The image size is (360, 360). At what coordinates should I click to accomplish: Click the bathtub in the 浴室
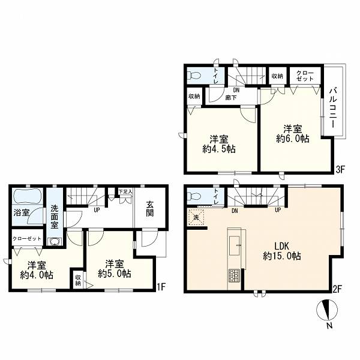[28, 196]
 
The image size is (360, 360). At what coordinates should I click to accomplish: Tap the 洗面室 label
[55, 217]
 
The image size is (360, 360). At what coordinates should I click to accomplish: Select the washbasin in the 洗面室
[55, 242]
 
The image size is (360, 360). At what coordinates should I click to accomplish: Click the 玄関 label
[149, 209]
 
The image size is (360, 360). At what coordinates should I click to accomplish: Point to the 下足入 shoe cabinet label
[125, 191]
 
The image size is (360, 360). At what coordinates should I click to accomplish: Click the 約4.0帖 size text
[37, 275]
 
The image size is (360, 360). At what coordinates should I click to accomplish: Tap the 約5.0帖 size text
[115, 274]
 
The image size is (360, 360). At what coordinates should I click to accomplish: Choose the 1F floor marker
[161, 287]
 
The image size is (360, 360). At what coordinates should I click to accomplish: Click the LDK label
[282, 246]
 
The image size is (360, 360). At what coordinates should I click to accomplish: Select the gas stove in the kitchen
[234, 275]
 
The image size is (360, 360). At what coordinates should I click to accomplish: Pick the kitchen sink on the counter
[235, 245]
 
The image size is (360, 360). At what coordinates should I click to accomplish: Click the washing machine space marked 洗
[196, 217]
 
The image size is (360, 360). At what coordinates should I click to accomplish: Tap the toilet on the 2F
[194, 197]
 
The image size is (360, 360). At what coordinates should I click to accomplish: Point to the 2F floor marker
[338, 289]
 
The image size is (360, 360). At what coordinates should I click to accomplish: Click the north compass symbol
[327, 309]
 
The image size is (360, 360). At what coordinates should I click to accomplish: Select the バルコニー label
[333, 107]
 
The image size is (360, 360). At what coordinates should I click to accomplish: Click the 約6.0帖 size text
[293, 139]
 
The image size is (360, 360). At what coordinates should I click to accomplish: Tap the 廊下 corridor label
[231, 98]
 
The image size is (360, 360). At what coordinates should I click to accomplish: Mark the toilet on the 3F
[194, 76]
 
